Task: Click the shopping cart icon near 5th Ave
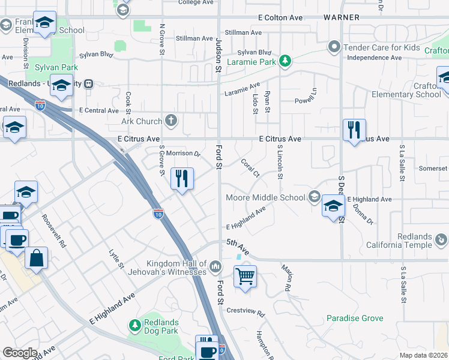(244, 277)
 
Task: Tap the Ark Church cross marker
(171, 121)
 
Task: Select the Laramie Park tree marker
(286, 61)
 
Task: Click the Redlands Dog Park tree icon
(135, 325)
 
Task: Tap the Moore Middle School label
(265, 197)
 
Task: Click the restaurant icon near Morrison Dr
(182, 178)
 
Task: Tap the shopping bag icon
(37, 258)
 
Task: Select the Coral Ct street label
(249, 168)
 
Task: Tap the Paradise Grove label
(355, 318)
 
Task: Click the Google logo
(20, 353)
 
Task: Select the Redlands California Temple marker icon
(441, 240)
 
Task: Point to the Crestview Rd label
(246, 311)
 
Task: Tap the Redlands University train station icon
(89, 83)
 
